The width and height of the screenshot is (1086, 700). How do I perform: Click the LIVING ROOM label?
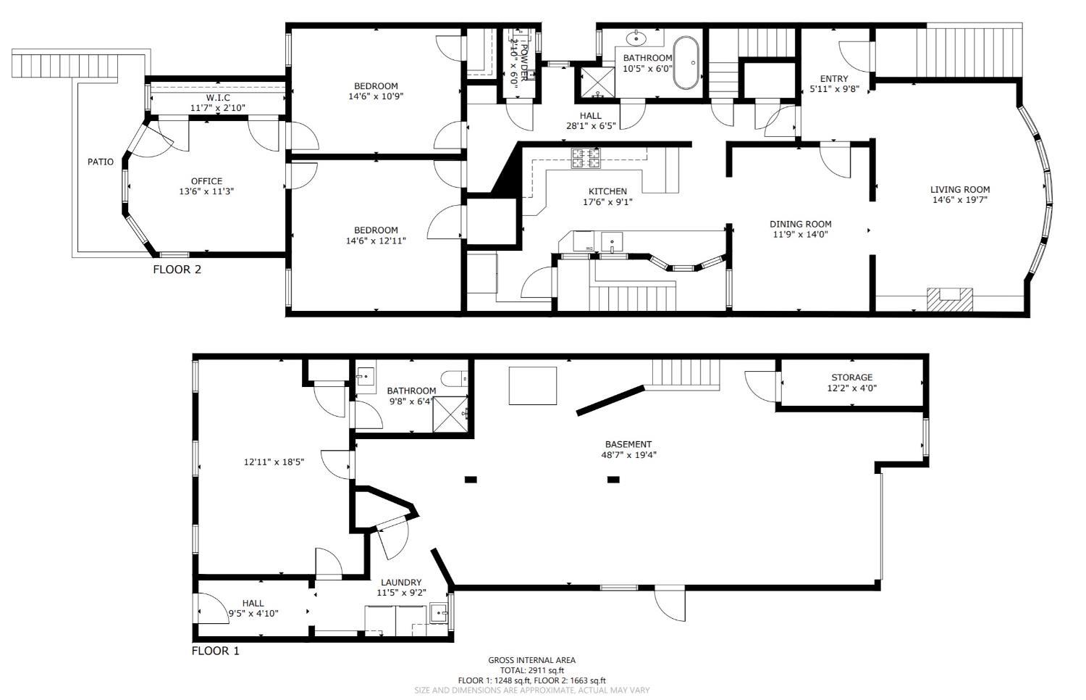click(959, 190)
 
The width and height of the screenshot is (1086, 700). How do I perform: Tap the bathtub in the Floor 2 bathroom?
click(687, 62)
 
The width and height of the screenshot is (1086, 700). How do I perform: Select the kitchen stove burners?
click(586, 158)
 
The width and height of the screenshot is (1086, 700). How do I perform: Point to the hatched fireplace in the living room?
click(950, 299)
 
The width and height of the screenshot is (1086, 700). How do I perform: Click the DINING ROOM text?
click(801, 224)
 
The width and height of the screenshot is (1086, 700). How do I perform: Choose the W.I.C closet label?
click(218, 98)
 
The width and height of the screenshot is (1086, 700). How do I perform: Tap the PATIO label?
click(101, 162)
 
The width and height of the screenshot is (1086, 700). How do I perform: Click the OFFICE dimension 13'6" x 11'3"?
click(206, 191)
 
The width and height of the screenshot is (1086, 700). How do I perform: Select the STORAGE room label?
click(852, 378)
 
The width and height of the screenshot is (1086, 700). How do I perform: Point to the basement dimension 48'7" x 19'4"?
click(628, 455)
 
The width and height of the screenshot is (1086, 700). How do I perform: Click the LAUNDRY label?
click(401, 583)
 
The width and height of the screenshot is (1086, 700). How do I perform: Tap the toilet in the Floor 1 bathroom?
click(454, 378)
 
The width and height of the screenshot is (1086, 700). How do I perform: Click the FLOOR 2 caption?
click(177, 270)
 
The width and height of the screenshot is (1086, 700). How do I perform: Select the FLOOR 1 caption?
click(215, 651)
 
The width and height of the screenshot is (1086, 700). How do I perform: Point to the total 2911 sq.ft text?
click(532, 670)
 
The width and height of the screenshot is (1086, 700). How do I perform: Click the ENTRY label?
click(834, 78)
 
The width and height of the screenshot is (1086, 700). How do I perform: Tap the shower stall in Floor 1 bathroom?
click(450, 414)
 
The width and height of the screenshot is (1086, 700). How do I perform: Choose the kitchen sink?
click(613, 242)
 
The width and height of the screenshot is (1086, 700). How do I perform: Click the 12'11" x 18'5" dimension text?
click(274, 462)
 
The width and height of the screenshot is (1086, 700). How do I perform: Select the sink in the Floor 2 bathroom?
click(636, 38)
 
